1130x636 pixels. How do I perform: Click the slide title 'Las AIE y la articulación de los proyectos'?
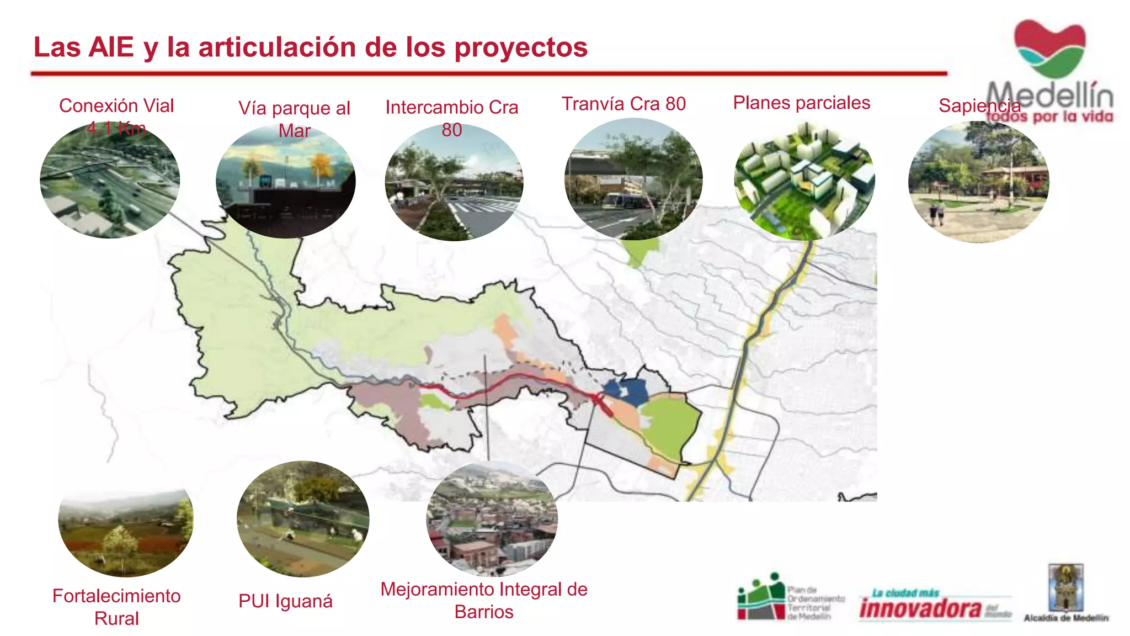311,47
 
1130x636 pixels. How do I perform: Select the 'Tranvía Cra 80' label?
623,104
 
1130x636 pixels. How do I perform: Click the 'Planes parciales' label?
801,103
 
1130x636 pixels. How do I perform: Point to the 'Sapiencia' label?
979,105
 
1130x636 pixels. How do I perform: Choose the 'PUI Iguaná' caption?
285,601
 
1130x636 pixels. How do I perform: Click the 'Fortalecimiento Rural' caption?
116,607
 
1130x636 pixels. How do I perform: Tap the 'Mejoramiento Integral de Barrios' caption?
484,600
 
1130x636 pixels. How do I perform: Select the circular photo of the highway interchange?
110,181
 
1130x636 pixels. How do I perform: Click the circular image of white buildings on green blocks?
804,181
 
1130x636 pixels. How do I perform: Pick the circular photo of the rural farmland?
126,531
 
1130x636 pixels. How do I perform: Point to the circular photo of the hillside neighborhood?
492,519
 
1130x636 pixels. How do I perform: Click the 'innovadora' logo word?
920,608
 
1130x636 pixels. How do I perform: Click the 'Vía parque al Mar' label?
294,119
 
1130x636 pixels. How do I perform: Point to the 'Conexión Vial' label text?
116,106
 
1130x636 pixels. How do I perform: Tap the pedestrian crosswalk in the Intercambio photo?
480,208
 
